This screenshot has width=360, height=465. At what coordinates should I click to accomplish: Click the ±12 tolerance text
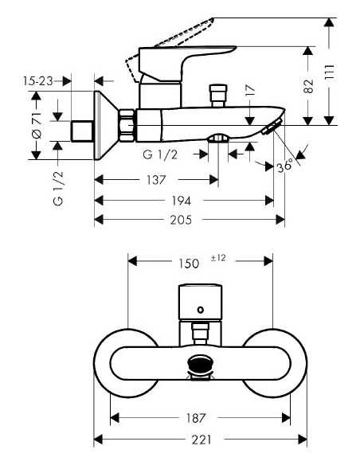tap(219, 256)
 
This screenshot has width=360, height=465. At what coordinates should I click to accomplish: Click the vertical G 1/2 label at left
tap(57, 188)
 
